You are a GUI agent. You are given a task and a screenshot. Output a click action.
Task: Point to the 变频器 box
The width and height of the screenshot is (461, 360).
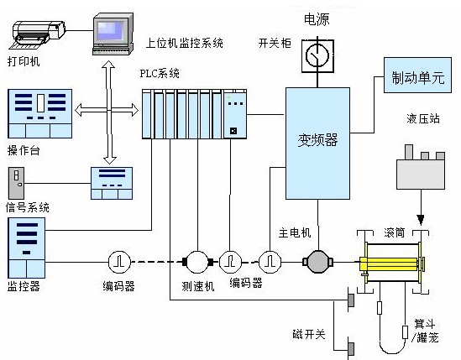[317, 141]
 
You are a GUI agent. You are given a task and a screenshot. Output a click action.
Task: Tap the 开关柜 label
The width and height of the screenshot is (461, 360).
[274, 42]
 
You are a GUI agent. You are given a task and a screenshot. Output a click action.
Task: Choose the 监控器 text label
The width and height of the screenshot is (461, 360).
[24, 285]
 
